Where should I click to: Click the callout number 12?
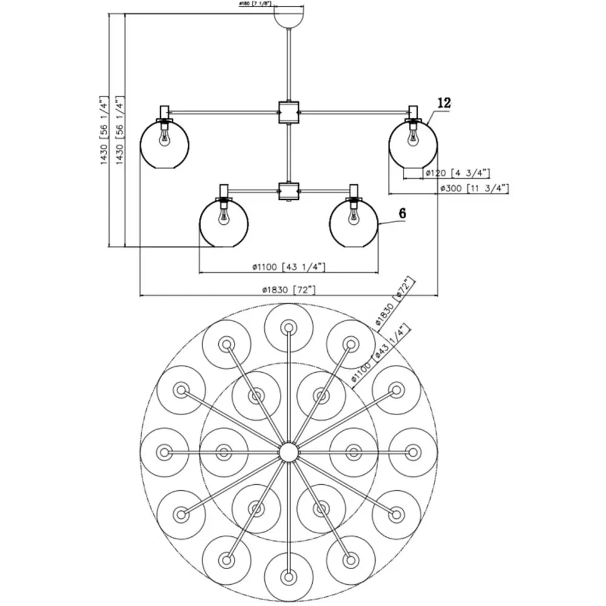click(444, 104)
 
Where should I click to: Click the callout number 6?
click(402, 213)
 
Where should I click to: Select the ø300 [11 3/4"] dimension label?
click(473, 188)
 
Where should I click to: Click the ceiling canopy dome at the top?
click(288, 17)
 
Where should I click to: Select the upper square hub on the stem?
click(288, 112)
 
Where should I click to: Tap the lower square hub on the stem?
click(288, 191)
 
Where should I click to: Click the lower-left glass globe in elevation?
click(224, 222)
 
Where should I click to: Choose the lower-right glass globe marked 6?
click(353, 222)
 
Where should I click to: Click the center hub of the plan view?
click(288, 452)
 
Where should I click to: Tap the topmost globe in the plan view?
click(288, 328)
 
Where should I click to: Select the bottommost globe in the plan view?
click(288, 576)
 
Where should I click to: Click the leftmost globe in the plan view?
click(164, 452)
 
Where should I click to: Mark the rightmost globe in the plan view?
click(413, 452)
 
